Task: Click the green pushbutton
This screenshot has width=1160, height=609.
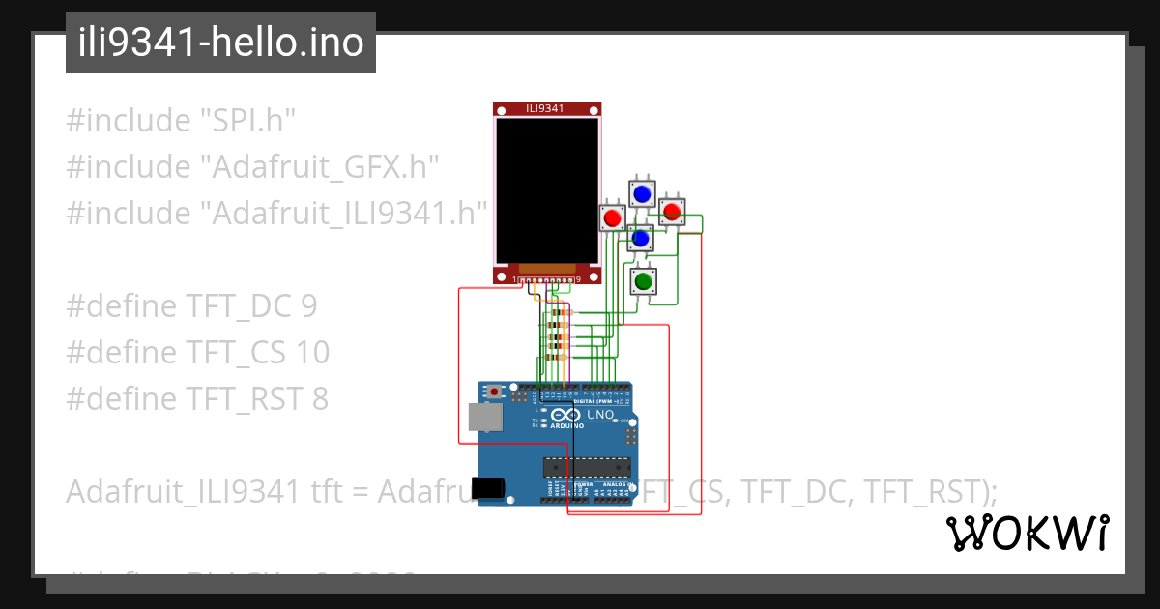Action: pyautogui.click(x=643, y=281)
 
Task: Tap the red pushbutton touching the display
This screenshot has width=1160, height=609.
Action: pyautogui.click(x=612, y=218)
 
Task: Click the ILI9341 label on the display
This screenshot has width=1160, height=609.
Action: pyautogui.click(x=545, y=108)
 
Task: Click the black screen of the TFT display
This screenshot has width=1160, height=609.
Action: pyautogui.click(x=546, y=189)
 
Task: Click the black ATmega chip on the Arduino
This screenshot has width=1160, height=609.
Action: pyautogui.click(x=586, y=467)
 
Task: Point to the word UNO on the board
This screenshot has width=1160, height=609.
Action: pyautogui.click(x=601, y=414)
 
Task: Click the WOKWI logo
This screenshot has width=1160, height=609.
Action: pyautogui.click(x=1026, y=534)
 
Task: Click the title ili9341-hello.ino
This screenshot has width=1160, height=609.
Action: pyautogui.click(x=220, y=43)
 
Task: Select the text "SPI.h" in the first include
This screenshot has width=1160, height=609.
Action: pyautogui.click(x=246, y=121)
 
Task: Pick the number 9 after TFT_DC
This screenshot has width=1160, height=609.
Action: pyautogui.click(x=308, y=306)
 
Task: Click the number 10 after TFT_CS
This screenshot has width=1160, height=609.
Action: pyautogui.click(x=313, y=353)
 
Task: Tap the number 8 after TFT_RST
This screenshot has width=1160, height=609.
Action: pyautogui.click(x=319, y=398)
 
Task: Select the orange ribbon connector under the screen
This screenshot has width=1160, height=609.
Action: pyautogui.click(x=547, y=268)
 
